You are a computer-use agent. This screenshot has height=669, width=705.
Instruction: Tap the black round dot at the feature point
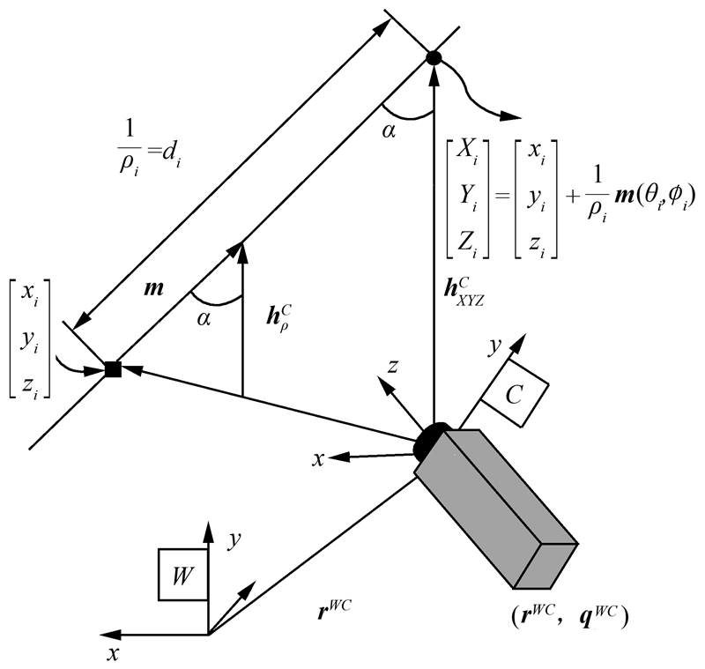point(433,58)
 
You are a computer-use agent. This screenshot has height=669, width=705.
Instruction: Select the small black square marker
point(112,369)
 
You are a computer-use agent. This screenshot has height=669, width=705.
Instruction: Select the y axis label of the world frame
point(233,542)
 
